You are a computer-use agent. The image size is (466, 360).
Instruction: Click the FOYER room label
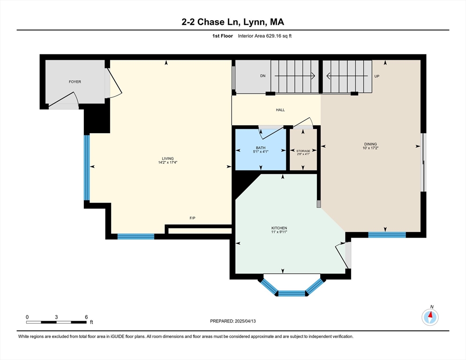tap(75, 82)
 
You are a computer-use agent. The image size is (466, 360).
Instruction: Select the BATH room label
tap(261, 148)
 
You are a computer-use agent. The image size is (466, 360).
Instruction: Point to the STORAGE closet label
tap(303, 150)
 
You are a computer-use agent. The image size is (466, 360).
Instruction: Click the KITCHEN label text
tap(279, 228)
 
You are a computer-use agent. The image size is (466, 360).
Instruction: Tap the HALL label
tap(280, 110)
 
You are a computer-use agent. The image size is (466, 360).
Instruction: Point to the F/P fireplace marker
tap(192, 218)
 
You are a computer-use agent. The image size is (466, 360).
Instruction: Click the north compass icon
tap(429, 317)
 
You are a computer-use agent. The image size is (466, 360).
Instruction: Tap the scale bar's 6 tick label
tap(86, 317)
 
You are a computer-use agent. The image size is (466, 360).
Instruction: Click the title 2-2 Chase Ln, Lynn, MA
tap(233, 22)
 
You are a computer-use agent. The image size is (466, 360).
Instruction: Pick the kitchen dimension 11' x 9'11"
tap(279, 232)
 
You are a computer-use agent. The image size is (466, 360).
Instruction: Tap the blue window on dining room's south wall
tap(387, 235)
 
